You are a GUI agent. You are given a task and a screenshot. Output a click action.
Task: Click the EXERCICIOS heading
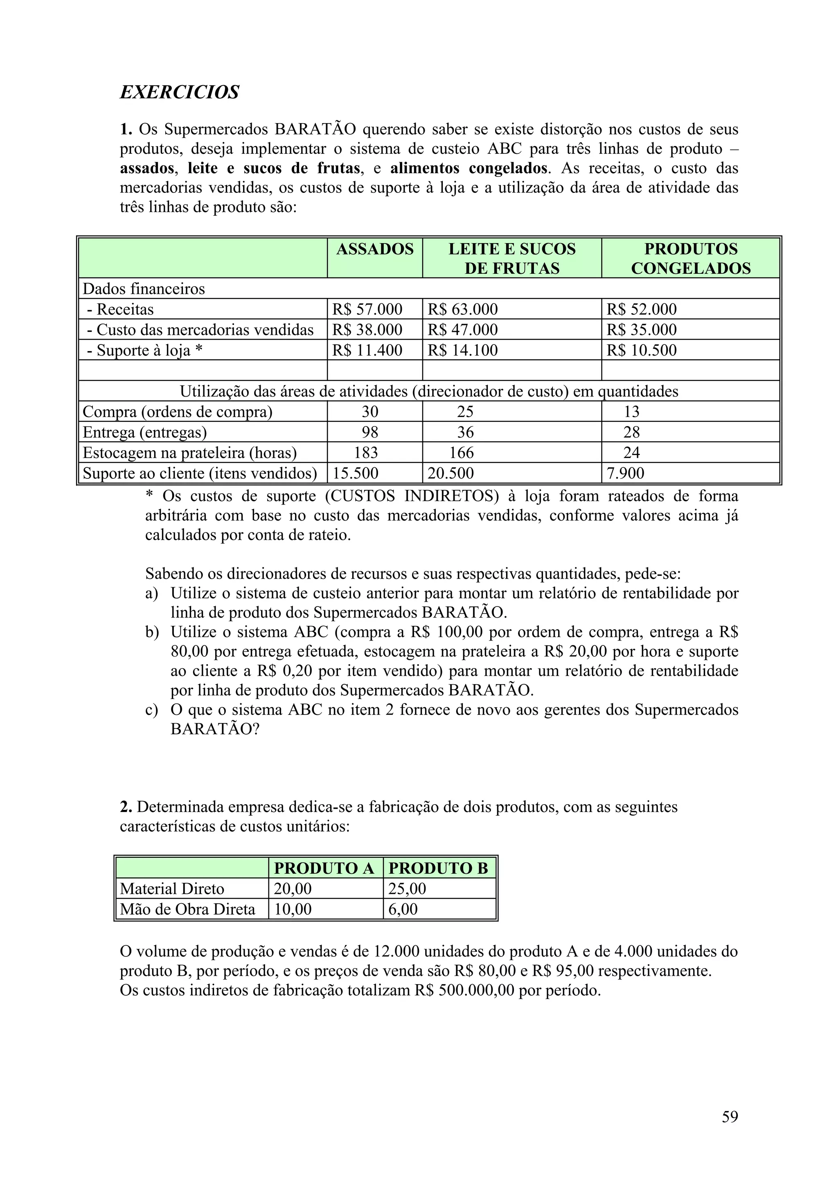tap(179, 92)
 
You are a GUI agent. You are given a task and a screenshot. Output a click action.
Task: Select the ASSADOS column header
tap(375, 249)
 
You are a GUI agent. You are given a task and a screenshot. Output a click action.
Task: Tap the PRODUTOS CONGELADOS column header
tap(690, 258)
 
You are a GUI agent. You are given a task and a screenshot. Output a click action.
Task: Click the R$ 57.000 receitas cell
tap(367, 309)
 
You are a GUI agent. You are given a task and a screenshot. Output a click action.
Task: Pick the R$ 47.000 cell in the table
tap(463, 329)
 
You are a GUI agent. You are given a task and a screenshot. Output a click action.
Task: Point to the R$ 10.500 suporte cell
tap(641, 350)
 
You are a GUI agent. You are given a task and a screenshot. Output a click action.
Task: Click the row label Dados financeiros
tap(144, 289)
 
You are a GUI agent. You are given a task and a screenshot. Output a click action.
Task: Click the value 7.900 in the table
tap(625, 473)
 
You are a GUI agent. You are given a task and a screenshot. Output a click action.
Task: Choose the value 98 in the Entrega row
tap(369, 432)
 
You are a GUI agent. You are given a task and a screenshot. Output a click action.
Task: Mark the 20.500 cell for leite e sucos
tap(450, 473)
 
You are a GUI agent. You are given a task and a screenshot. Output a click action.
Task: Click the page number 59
tap(730, 1117)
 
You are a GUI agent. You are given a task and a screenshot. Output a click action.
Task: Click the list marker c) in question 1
tap(151, 710)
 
